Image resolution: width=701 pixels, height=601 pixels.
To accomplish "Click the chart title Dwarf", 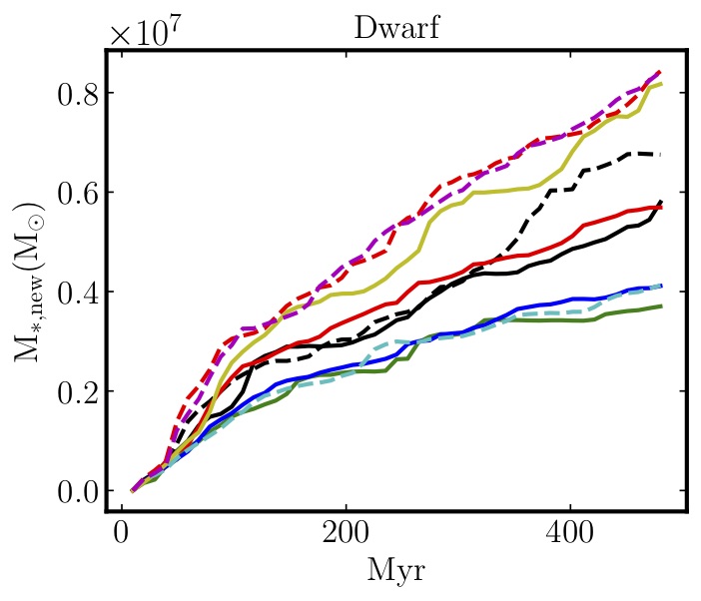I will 396,27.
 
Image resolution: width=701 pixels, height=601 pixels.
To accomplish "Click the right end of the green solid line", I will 661,305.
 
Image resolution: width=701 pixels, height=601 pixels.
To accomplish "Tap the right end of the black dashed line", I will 660,154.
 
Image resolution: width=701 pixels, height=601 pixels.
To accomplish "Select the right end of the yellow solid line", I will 661,84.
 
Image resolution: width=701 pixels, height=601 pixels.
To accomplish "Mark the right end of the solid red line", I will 660,207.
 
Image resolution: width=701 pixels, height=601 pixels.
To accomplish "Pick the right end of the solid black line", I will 661,201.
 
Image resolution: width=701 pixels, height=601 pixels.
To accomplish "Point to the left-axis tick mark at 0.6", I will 111,192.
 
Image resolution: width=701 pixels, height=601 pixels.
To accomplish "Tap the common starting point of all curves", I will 133,490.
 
